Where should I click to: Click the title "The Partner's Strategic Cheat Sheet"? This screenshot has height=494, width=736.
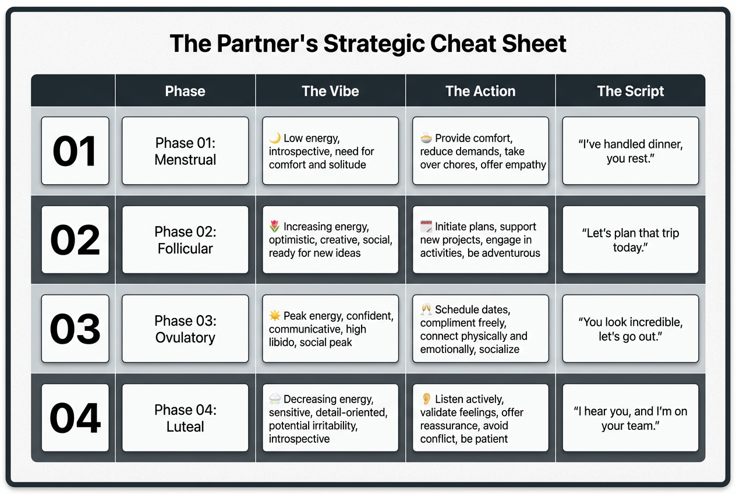368,44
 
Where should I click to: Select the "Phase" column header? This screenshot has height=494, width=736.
185,91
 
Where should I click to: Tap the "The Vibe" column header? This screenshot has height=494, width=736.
330,91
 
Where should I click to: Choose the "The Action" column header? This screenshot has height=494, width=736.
480,91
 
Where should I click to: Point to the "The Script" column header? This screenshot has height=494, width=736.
631,91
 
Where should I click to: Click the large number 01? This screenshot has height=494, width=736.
75,151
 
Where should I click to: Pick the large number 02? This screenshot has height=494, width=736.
75,240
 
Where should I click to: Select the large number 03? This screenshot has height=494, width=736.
75,329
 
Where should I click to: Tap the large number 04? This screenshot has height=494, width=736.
75,418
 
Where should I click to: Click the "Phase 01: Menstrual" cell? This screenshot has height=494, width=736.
185,151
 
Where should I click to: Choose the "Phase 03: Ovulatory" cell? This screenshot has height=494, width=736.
185,329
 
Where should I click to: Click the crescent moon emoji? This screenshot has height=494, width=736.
275,138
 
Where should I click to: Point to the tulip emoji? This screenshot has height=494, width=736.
275,227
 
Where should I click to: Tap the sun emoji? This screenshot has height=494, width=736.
275,316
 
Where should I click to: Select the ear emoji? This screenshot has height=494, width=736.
426,399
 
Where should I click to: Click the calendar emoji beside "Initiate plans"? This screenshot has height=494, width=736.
426,227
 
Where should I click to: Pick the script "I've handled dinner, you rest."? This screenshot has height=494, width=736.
631,151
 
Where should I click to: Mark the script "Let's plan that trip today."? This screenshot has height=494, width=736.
631,240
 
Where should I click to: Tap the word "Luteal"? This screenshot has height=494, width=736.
185,426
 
